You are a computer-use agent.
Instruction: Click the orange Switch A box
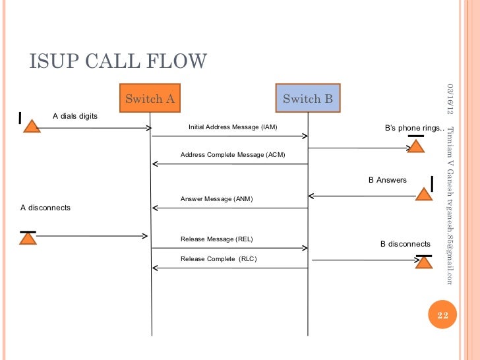tap(150, 99)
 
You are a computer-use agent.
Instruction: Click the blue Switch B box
tap(307, 99)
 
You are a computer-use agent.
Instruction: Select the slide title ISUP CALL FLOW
tap(118, 61)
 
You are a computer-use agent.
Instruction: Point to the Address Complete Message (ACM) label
tap(232, 155)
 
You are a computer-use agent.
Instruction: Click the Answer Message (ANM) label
tap(216, 198)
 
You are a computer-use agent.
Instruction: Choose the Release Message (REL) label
tap(216, 239)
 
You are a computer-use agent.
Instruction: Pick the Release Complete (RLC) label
tap(218, 259)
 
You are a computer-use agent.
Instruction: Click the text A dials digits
tap(75, 116)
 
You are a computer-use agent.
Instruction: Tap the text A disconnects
tap(45, 208)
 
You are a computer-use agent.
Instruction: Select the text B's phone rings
tap(414, 128)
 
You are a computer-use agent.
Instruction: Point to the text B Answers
tap(387, 180)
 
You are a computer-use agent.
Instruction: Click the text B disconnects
tap(405, 244)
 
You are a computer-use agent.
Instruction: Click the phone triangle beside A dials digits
tap(30, 126)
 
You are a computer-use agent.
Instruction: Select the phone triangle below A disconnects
tap(28, 238)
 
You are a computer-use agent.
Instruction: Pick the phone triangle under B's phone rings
tap(415, 146)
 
